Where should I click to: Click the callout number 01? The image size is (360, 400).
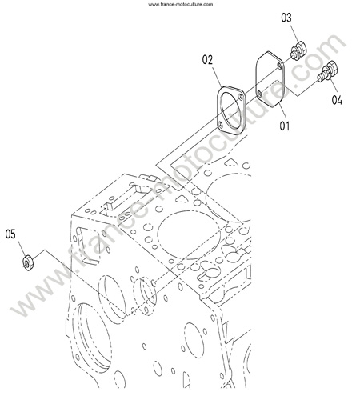284,126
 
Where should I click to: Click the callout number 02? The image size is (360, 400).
207,60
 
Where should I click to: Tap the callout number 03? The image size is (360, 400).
286,18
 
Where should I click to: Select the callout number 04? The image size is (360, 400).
337,100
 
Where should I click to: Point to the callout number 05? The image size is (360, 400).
10,234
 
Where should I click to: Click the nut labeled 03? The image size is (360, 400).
298,50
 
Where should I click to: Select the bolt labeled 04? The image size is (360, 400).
328,70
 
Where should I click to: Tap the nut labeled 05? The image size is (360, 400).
27,262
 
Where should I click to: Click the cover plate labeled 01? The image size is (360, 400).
270,79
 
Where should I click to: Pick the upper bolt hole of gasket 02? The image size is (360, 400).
241,98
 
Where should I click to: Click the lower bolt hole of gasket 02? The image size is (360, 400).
221,124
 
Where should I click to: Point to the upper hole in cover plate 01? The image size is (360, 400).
279,66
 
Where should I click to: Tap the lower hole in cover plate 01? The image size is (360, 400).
259,94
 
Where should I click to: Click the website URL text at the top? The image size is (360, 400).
181,4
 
